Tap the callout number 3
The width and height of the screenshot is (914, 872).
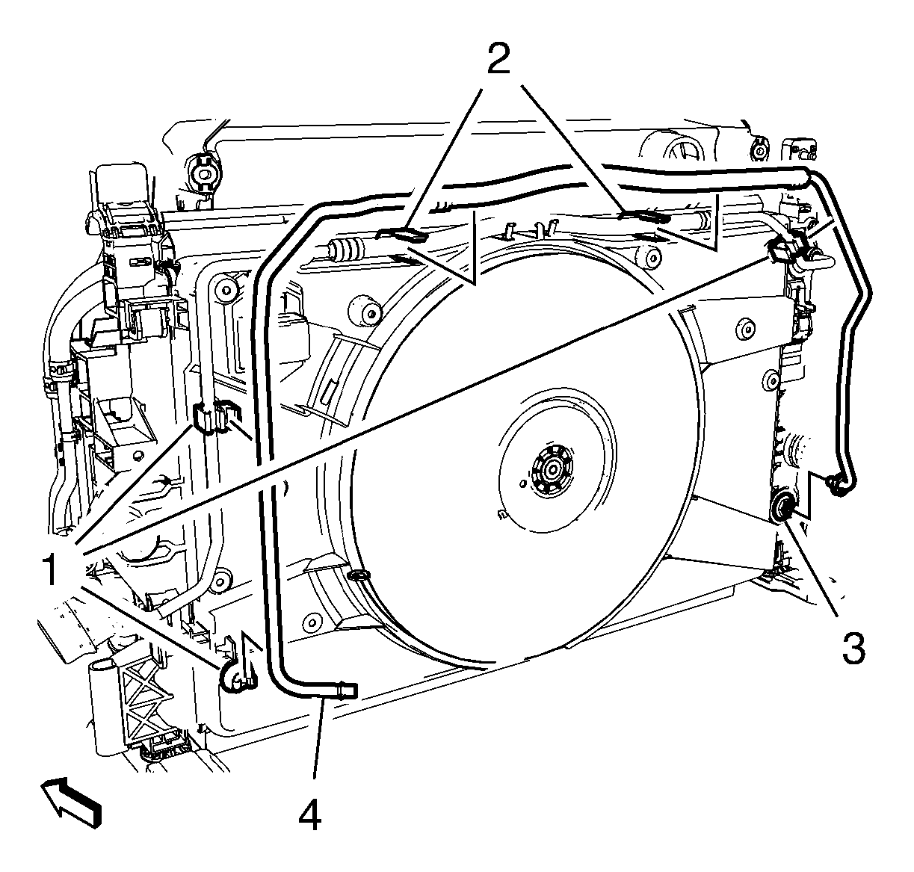[853, 648]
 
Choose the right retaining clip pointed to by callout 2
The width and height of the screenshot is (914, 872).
[644, 215]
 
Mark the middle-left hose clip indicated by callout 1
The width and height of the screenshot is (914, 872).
[214, 415]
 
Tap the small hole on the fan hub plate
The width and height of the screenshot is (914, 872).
[523, 484]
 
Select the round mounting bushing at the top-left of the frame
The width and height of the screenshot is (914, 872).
[203, 173]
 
